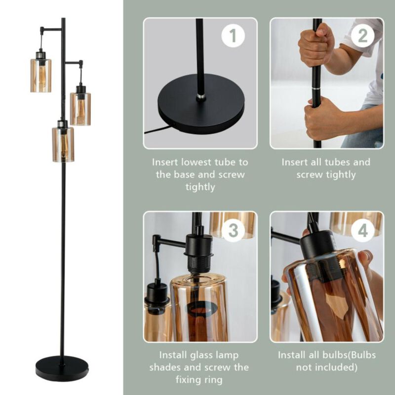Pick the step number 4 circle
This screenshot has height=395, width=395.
click(x=362, y=231)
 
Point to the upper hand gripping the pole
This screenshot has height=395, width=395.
click(x=316, y=44)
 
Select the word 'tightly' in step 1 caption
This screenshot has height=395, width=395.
click(x=200, y=187)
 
